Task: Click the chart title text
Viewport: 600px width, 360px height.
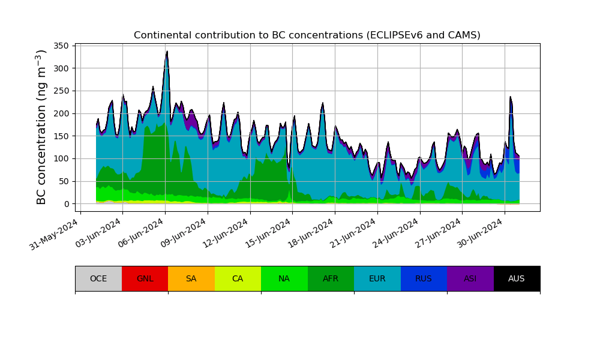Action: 307,35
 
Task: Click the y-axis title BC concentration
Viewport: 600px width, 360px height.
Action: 41,127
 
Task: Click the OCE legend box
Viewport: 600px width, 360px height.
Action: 98,278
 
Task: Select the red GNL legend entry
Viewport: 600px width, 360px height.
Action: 145,278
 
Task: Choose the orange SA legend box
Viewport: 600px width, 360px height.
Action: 191,278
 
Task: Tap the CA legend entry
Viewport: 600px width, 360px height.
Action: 238,278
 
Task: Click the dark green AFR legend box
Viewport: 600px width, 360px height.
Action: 331,278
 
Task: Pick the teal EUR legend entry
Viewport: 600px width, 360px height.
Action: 377,278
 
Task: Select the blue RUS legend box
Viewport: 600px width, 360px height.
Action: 424,278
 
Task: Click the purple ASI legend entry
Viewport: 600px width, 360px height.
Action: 470,278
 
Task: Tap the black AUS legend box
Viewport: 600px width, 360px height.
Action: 517,278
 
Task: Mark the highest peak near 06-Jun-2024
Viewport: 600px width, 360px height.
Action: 167,52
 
